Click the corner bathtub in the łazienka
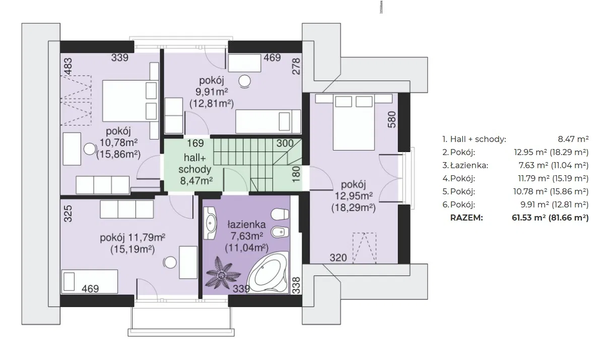pyautogui.click(x=267, y=273)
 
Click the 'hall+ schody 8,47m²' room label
pyautogui.click(x=195, y=168)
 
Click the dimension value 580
pyautogui.click(x=392, y=119)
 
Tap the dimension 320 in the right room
pyautogui.click(x=338, y=258)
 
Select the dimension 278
pyautogui.click(x=296, y=66)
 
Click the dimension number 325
pyautogui.click(x=68, y=213)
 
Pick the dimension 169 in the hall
pyautogui.click(x=195, y=143)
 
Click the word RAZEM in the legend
pyautogui.click(x=466, y=218)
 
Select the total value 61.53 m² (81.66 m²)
pyautogui.click(x=550, y=218)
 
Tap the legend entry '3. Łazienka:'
pyautogui.click(x=465, y=166)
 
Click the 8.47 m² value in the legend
pyautogui.click(x=573, y=139)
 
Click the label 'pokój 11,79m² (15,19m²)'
pyautogui.click(x=132, y=244)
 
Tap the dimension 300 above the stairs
pyautogui.click(x=285, y=143)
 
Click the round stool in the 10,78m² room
pyautogui.click(x=90, y=149)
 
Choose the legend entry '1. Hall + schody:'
pyautogui.click(x=474, y=139)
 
